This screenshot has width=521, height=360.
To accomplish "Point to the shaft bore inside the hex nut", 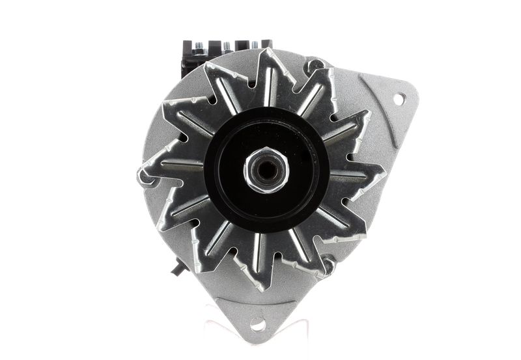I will (x=266, y=170).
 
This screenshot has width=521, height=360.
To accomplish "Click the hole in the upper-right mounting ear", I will (x=399, y=98).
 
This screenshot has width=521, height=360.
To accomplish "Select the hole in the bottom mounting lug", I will (x=258, y=324).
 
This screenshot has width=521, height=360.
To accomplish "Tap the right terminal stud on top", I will (x=254, y=46).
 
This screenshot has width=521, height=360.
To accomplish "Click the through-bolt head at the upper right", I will (x=317, y=66).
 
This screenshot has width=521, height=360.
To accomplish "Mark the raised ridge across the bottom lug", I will (x=257, y=306).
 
